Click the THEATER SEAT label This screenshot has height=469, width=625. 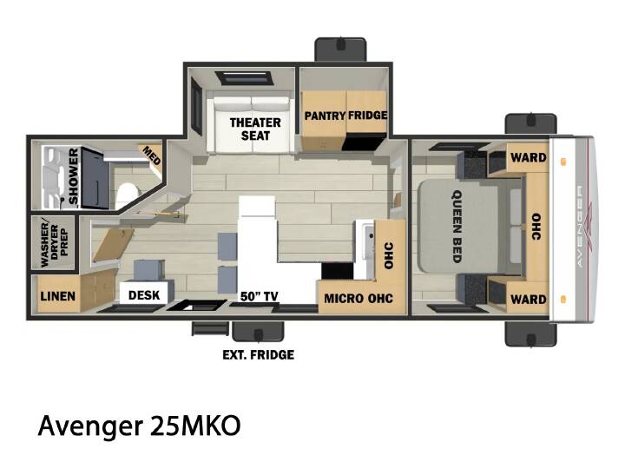(x=255, y=129)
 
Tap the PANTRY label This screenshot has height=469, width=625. (x=325, y=116)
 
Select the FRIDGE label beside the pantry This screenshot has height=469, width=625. (x=367, y=116)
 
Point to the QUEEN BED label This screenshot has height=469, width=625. (x=457, y=226)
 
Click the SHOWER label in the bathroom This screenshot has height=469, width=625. (x=74, y=175)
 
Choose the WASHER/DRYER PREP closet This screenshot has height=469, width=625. (x=54, y=243)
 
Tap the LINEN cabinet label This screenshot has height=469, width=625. (x=58, y=296)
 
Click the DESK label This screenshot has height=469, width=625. (x=144, y=295)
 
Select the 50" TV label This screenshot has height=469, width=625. (x=259, y=296)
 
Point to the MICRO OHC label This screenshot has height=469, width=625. (x=359, y=298)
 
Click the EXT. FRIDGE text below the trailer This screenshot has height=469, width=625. (x=259, y=354)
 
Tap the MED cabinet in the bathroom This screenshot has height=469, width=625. (x=151, y=156)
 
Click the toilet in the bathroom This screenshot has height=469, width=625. (x=127, y=195)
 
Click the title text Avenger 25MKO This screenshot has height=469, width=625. (x=139, y=425)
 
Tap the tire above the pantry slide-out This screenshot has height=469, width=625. (x=340, y=50)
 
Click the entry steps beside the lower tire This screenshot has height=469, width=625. (x=210, y=328)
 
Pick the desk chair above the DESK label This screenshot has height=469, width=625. (x=148, y=271)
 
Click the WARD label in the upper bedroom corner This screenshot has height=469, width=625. (x=529, y=157)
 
